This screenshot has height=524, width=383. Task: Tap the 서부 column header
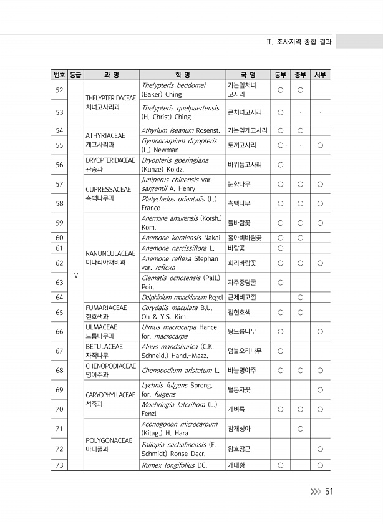tap(320, 75)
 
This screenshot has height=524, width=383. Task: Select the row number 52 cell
tap(59, 90)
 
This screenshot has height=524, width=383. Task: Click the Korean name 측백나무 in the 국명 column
tap(239, 203)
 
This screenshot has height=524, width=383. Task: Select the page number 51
tap(329, 492)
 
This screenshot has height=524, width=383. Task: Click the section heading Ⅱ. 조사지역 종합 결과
tap(298, 42)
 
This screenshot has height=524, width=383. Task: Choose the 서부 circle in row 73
tap(320, 465)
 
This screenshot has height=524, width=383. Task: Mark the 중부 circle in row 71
tap(300, 428)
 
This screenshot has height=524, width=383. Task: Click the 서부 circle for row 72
tap(320, 449)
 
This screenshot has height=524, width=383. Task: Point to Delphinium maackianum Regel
tap(182, 296)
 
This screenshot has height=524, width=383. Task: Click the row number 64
tap(59, 296)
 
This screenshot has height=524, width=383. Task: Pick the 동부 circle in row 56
tap(280, 165)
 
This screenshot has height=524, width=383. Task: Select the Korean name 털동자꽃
tap(241, 390)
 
